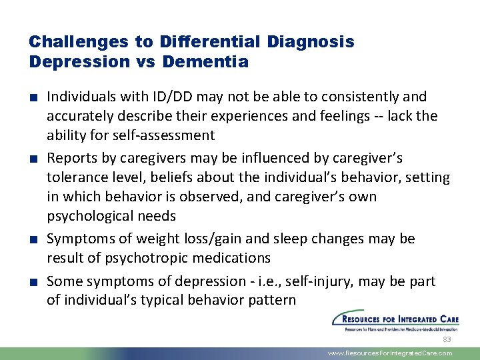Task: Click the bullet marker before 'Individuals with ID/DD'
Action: (x=33, y=97)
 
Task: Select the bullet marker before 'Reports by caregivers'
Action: (x=33, y=159)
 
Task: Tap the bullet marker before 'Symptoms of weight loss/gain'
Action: (x=33, y=239)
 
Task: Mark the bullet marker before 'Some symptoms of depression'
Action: (x=33, y=281)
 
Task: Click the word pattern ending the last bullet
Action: (x=272, y=300)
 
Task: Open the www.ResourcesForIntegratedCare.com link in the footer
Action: (x=390, y=353)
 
